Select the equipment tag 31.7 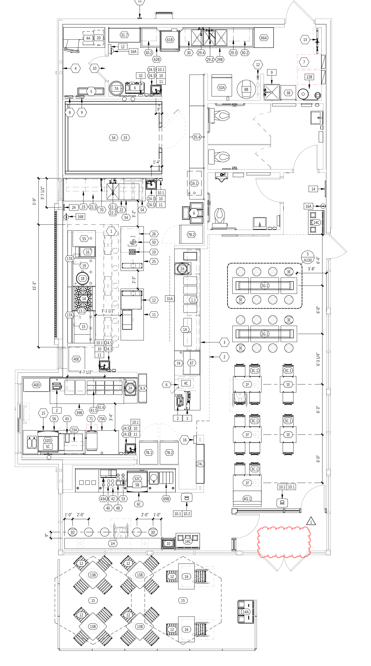coord(124,35)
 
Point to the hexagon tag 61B coord(170,40)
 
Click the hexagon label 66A coord(264,38)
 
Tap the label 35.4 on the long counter coord(197,137)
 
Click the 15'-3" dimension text coord(35,286)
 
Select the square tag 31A coord(170,299)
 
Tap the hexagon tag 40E coord(76,359)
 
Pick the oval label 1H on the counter coord(113,543)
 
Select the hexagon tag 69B coord(166,499)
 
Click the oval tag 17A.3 coord(200,464)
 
